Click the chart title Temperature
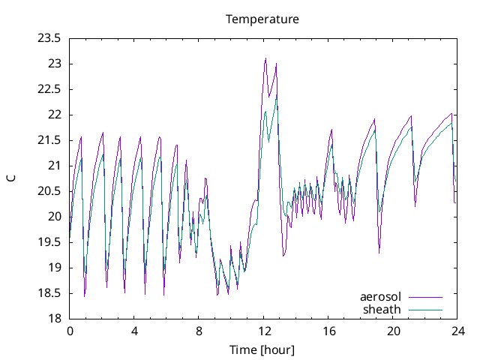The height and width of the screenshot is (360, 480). point(262,19)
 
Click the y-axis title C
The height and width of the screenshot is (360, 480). point(10,178)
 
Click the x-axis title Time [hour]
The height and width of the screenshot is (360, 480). point(262,349)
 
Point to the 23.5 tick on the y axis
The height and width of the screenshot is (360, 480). point(49,38)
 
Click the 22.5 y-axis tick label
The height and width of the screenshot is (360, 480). point(49,89)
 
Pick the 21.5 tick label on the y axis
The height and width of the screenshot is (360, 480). point(49,140)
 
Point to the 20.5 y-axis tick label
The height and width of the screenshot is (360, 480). point(49,191)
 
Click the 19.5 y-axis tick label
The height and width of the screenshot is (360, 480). point(49,242)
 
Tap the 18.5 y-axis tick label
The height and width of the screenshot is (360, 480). point(49,293)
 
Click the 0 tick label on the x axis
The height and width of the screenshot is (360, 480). point(70,331)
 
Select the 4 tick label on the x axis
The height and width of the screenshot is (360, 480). point(134,331)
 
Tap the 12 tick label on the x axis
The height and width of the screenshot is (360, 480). point(264,331)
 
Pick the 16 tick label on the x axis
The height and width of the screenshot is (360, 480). point(328,331)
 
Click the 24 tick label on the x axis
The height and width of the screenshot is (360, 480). point(457,331)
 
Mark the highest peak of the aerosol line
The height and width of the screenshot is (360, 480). point(265,58)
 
